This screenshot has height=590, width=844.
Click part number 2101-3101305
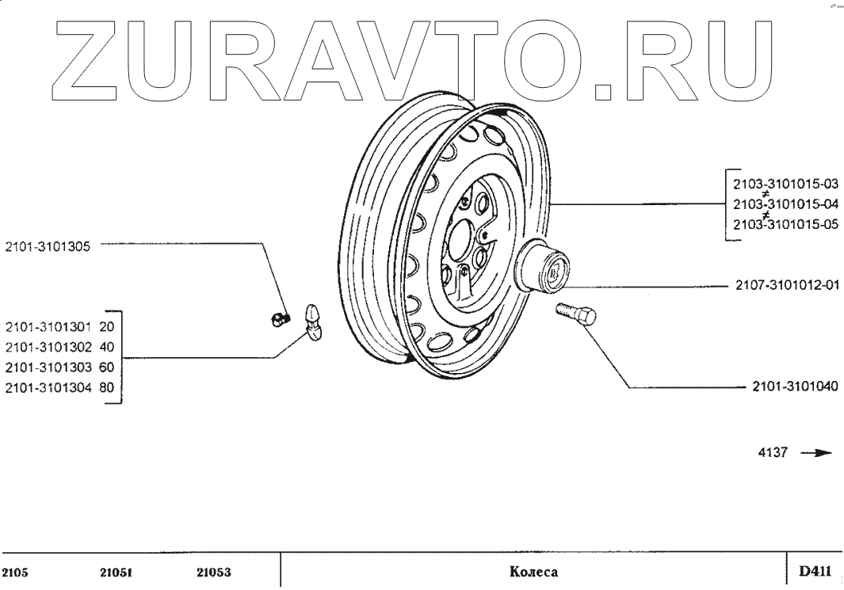click(x=48, y=246)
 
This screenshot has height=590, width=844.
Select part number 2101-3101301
click(x=48, y=325)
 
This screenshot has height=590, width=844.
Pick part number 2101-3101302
click(x=48, y=346)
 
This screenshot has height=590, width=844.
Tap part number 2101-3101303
click(x=48, y=367)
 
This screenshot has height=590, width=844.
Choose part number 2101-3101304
click(x=48, y=387)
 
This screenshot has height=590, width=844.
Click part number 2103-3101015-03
click(x=785, y=183)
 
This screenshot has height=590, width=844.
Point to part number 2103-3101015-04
click(x=785, y=204)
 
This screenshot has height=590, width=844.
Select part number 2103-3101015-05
click(x=785, y=224)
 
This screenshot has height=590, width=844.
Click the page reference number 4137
click(x=773, y=453)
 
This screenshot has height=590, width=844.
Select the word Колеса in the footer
click(x=534, y=572)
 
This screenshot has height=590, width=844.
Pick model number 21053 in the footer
click(x=213, y=572)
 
